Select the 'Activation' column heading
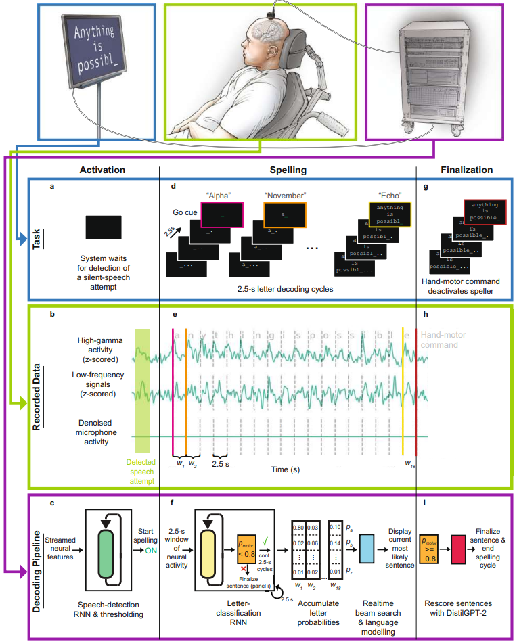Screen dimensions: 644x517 click(99, 171)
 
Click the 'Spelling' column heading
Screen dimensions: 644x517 click(288, 171)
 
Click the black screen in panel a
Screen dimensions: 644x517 click(104, 227)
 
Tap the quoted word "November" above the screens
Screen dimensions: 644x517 click(285, 195)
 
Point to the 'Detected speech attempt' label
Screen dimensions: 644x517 click(141, 472)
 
